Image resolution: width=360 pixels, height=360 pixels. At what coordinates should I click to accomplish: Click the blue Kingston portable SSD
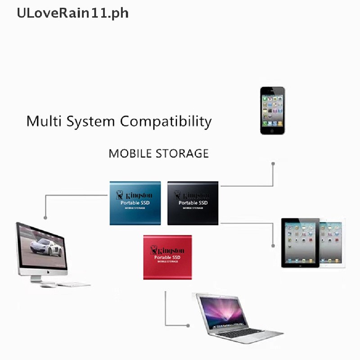(x=135, y=203)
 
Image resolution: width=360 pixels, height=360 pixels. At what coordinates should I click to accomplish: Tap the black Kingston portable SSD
(x=193, y=203)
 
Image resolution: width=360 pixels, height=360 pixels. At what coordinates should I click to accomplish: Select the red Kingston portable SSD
(x=167, y=257)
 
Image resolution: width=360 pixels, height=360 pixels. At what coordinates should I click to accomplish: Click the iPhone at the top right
(x=272, y=110)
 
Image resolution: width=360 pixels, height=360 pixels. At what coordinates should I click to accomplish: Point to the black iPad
(x=300, y=243)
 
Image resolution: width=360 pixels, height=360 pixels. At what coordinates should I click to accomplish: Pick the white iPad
(x=333, y=243)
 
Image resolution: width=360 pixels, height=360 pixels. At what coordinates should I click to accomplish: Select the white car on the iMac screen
(x=45, y=247)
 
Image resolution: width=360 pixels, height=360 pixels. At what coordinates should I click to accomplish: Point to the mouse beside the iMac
(x=48, y=285)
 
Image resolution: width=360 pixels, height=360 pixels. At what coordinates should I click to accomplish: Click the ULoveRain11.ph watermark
(x=72, y=13)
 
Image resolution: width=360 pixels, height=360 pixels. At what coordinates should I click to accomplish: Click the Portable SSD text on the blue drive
(x=135, y=203)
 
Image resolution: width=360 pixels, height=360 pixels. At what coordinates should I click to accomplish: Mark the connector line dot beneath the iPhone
(x=273, y=164)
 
